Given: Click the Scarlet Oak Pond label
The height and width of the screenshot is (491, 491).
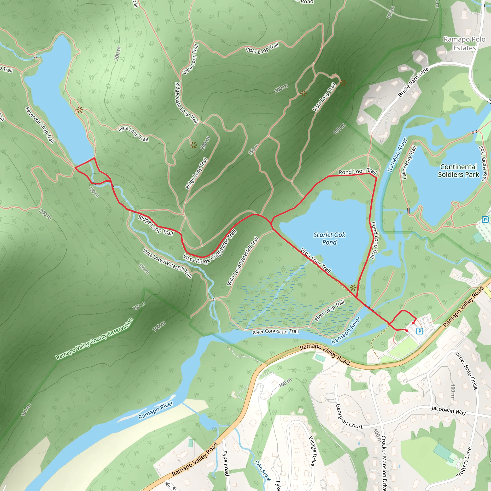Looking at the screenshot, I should pos(329,238).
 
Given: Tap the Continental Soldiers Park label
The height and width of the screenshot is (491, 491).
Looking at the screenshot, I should pos(458,170).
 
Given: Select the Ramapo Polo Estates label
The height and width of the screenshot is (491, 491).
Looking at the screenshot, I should pos(464,44).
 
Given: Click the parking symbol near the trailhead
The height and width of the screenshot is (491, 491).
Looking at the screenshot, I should pos(420,331).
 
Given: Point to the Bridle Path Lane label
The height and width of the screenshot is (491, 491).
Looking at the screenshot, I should pos(414,82).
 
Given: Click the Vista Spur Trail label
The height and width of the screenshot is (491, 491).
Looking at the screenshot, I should pos(316,261).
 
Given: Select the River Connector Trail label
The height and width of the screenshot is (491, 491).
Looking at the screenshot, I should pos(275,332).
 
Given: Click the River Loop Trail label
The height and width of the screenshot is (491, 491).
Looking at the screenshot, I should pos(329,310).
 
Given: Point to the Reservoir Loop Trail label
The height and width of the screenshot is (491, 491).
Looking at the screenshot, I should pos(40,125).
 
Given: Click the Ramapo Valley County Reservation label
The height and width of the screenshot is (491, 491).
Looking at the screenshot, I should pos(94,339).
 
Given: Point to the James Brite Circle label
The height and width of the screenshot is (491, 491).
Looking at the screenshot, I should pos(466,370).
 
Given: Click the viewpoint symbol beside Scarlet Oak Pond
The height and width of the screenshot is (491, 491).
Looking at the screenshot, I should pos(353,288).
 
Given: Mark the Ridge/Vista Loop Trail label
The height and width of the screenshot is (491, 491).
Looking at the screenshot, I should pos(187,103).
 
